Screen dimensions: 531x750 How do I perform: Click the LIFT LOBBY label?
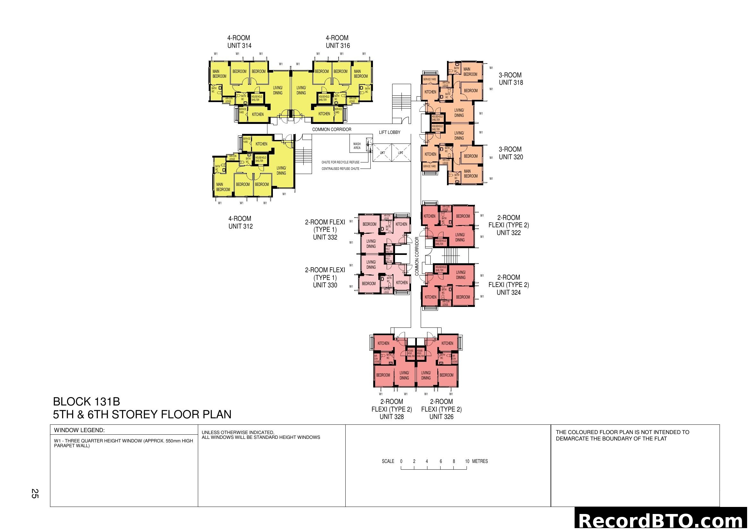click(x=389, y=132)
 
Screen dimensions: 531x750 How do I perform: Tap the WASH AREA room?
click(x=357, y=146)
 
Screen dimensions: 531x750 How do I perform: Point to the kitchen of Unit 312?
click(x=261, y=144)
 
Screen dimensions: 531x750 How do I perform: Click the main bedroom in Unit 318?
click(x=470, y=72)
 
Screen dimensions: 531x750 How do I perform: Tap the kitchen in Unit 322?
click(x=429, y=216)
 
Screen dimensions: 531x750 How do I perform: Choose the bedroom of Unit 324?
click(x=463, y=297)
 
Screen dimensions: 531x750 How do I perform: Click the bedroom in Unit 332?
click(x=369, y=224)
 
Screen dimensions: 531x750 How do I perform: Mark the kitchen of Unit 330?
click(x=401, y=283)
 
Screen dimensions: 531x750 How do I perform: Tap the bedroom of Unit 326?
click(x=446, y=375)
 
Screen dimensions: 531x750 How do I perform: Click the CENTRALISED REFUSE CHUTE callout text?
click(x=341, y=169)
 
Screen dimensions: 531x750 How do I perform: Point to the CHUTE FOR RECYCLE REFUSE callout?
click(x=341, y=162)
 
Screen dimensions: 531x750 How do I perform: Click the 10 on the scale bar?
click(x=467, y=461)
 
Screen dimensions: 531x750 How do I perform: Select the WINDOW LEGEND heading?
click(x=80, y=430)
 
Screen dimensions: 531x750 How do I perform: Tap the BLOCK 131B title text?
click(x=87, y=402)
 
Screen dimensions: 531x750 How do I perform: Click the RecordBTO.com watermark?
click(x=662, y=520)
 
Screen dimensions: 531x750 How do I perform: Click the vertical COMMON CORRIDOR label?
click(x=417, y=256)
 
